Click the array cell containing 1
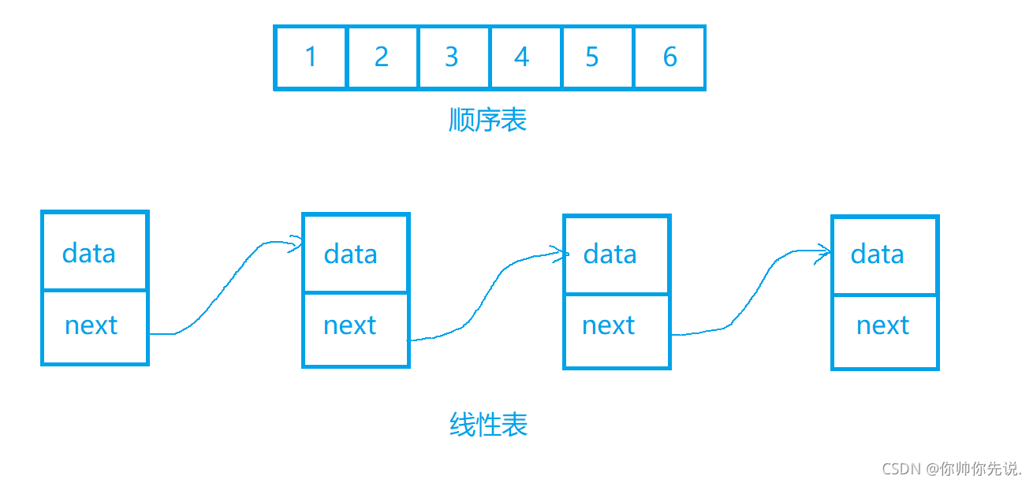click(x=311, y=58)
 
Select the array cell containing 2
click(x=382, y=58)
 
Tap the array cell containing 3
click(x=452, y=58)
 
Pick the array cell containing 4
click(x=523, y=58)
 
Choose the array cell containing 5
click(x=593, y=58)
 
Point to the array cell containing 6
click(x=669, y=58)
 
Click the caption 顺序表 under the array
click(x=487, y=120)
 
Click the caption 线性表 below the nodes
click(x=489, y=425)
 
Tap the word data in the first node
click(x=89, y=253)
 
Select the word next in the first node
click(x=91, y=325)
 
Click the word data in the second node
click(x=351, y=254)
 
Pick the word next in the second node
click(x=350, y=325)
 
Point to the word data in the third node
click(x=610, y=254)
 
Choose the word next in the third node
click(x=609, y=325)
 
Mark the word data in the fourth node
click(x=878, y=254)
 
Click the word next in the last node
click(x=883, y=325)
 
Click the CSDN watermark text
click(x=952, y=469)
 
